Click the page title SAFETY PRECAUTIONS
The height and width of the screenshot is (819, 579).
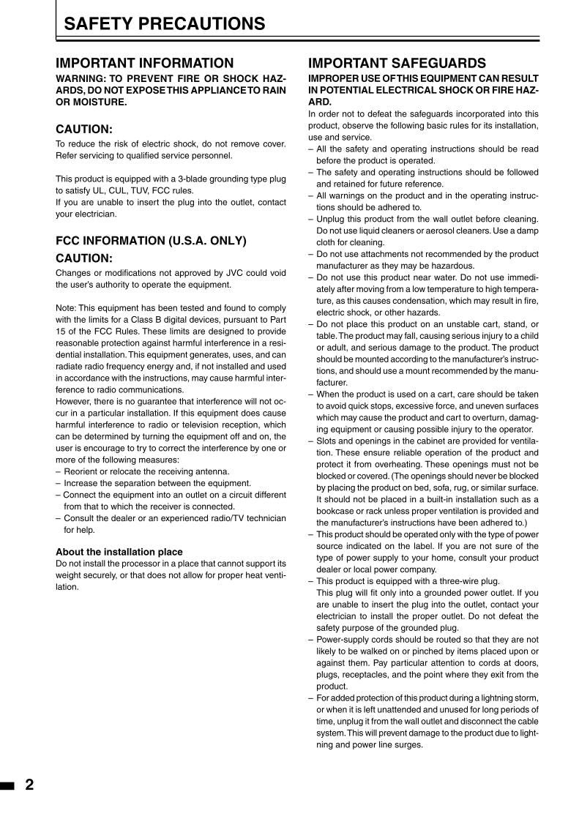pos(165,24)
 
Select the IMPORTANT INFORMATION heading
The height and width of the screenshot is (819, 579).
pos(145,64)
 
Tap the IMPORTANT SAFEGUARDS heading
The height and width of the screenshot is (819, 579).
pos(397,64)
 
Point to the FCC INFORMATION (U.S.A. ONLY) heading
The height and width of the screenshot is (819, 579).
pos(151,240)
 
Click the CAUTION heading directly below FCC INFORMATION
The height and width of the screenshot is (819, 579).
pos(84,258)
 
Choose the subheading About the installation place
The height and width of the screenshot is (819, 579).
pos(119,551)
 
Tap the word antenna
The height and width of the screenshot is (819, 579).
pos(212,471)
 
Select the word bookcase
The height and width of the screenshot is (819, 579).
pos(333,511)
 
